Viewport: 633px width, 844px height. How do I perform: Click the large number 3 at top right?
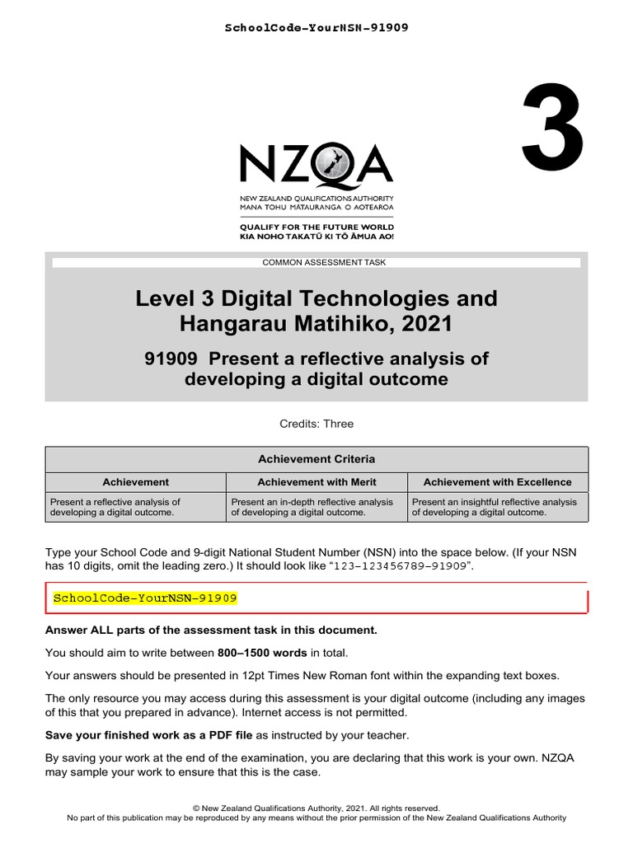pos(552,124)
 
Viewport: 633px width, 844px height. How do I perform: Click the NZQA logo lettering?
pos(316,164)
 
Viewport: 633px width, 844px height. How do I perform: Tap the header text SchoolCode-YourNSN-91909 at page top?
pos(316,28)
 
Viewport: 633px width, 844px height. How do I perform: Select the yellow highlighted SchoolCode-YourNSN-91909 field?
pos(145,598)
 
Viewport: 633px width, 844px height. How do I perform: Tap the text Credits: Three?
pos(316,424)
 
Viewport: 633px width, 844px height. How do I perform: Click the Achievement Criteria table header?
pos(316,459)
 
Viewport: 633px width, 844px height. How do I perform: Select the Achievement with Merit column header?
pos(316,482)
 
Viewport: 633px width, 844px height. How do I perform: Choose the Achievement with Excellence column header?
pos(497,482)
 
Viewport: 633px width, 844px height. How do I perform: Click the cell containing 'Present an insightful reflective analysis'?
pos(497,506)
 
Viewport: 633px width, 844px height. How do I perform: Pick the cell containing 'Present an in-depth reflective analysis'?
pos(316,506)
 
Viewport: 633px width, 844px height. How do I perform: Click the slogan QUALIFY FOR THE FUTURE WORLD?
pos(316,227)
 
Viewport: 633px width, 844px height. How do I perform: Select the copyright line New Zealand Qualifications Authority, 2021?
pos(316,809)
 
